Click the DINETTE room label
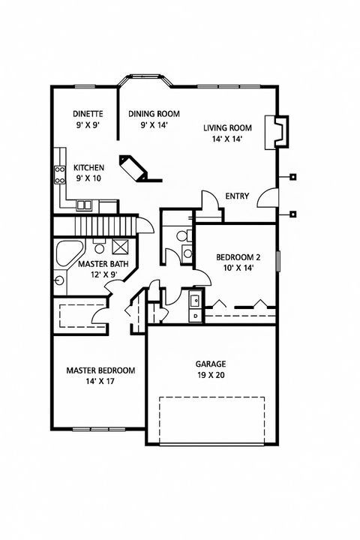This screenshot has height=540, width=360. point(87,114)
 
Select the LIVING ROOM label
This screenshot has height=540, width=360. point(226,127)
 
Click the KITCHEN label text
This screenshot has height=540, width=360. point(88,167)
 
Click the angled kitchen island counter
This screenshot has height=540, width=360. point(139,169)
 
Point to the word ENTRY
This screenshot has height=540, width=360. point(237,196)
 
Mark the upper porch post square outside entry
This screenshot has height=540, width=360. point(293,178)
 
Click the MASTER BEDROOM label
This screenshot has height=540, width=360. point(100,370)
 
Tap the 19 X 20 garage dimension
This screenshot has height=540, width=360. point(212,375)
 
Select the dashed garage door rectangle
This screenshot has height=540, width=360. point(211,420)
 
